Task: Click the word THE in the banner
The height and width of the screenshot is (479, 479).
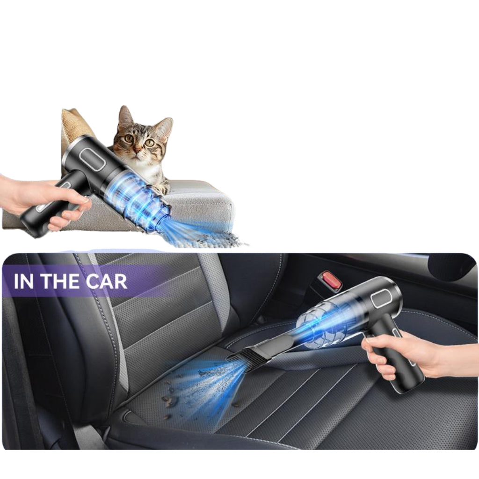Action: (61, 281)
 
